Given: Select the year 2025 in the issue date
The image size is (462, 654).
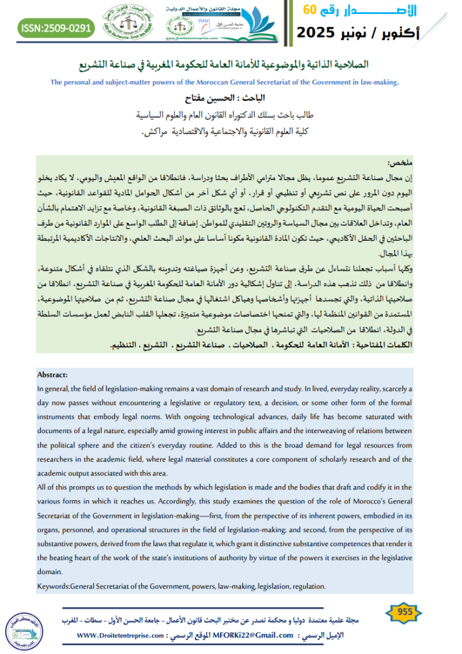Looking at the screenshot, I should (320, 31).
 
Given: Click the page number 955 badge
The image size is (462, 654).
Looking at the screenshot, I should (404, 612).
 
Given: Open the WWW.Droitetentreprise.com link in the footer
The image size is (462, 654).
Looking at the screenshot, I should (122, 635).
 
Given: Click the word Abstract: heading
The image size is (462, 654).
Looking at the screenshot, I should (52, 375).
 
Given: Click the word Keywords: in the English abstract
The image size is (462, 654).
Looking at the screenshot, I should (53, 586).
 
